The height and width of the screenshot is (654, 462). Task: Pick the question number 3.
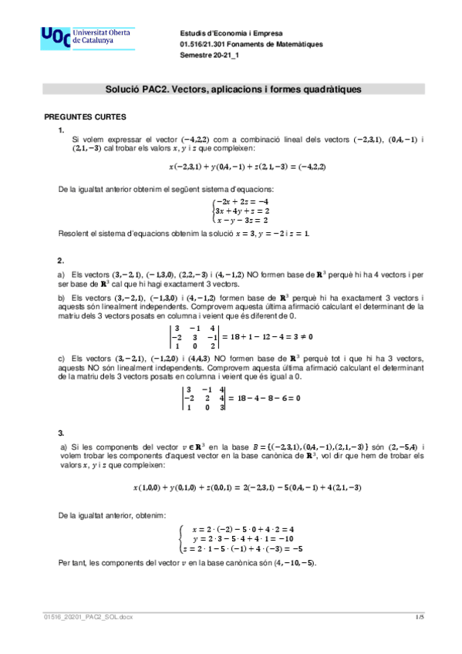pos(61,433)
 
